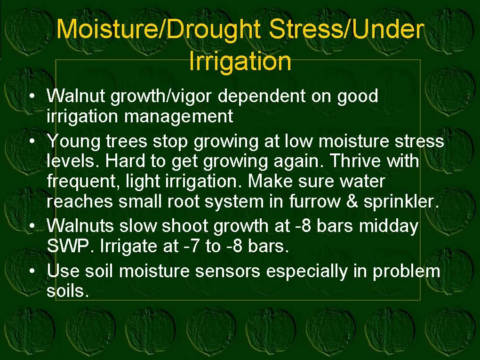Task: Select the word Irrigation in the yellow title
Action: tap(240, 61)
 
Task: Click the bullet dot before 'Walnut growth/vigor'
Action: tap(32, 96)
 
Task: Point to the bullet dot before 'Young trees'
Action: tap(32, 142)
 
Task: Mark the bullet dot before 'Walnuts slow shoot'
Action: tap(32, 226)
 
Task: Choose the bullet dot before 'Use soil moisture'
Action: tap(32, 271)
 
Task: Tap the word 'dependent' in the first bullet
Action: tap(261, 96)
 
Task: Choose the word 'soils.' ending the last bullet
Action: tap(68, 291)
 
